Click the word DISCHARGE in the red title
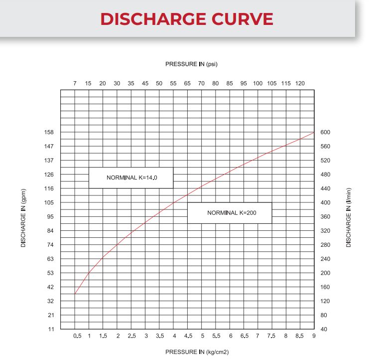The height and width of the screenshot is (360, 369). click(x=153, y=19)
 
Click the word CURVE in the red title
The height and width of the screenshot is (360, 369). click(x=243, y=19)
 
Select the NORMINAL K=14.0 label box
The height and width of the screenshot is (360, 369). click(x=131, y=178)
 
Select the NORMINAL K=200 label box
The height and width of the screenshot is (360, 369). click(x=230, y=213)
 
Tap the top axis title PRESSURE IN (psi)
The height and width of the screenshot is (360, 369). click(x=191, y=64)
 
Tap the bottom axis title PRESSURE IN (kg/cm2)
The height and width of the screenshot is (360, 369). click(x=197, y=352)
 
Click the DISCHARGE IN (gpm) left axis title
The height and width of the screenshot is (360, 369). click(x=23, y=218)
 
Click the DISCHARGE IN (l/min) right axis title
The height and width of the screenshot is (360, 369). click(x=349, y=217)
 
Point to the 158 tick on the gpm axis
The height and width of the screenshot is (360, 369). click(x=49, y=132)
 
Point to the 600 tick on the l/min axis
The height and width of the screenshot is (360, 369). click(x=325, y=132)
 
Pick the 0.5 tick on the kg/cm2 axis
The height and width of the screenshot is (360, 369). click(x=77, y=336)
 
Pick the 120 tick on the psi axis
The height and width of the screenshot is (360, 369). click(x=300, y=83)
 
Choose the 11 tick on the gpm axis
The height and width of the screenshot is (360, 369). click(x=51, y=329)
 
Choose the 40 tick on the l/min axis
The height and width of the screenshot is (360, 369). click(x=324, y=329)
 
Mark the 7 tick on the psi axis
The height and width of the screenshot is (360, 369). click(x=75, y=83)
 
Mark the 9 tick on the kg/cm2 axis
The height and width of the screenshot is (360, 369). click(x=314, y=336)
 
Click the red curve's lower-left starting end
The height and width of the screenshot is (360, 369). click(x=75, y=294)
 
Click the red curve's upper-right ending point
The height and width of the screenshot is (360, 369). click(x=314, y=133)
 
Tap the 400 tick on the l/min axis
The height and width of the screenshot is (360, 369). click(x=325, y=202)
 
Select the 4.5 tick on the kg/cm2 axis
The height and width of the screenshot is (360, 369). click(x=188, y=336)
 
